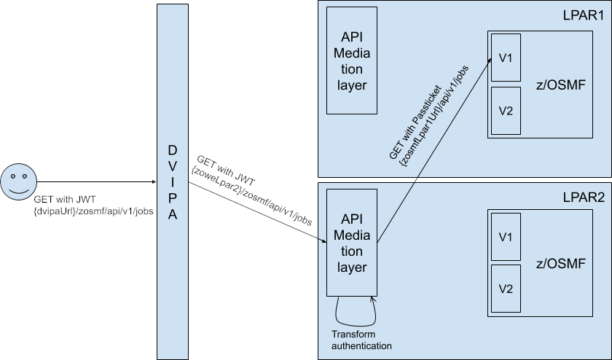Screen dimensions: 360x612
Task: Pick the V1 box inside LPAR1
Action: click(506, 58)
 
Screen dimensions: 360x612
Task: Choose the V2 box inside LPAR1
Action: click(506, 111)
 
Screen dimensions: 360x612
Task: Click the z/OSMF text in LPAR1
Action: click(562, 85)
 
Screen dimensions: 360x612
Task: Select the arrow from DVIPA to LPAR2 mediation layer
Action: click(255, 214)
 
